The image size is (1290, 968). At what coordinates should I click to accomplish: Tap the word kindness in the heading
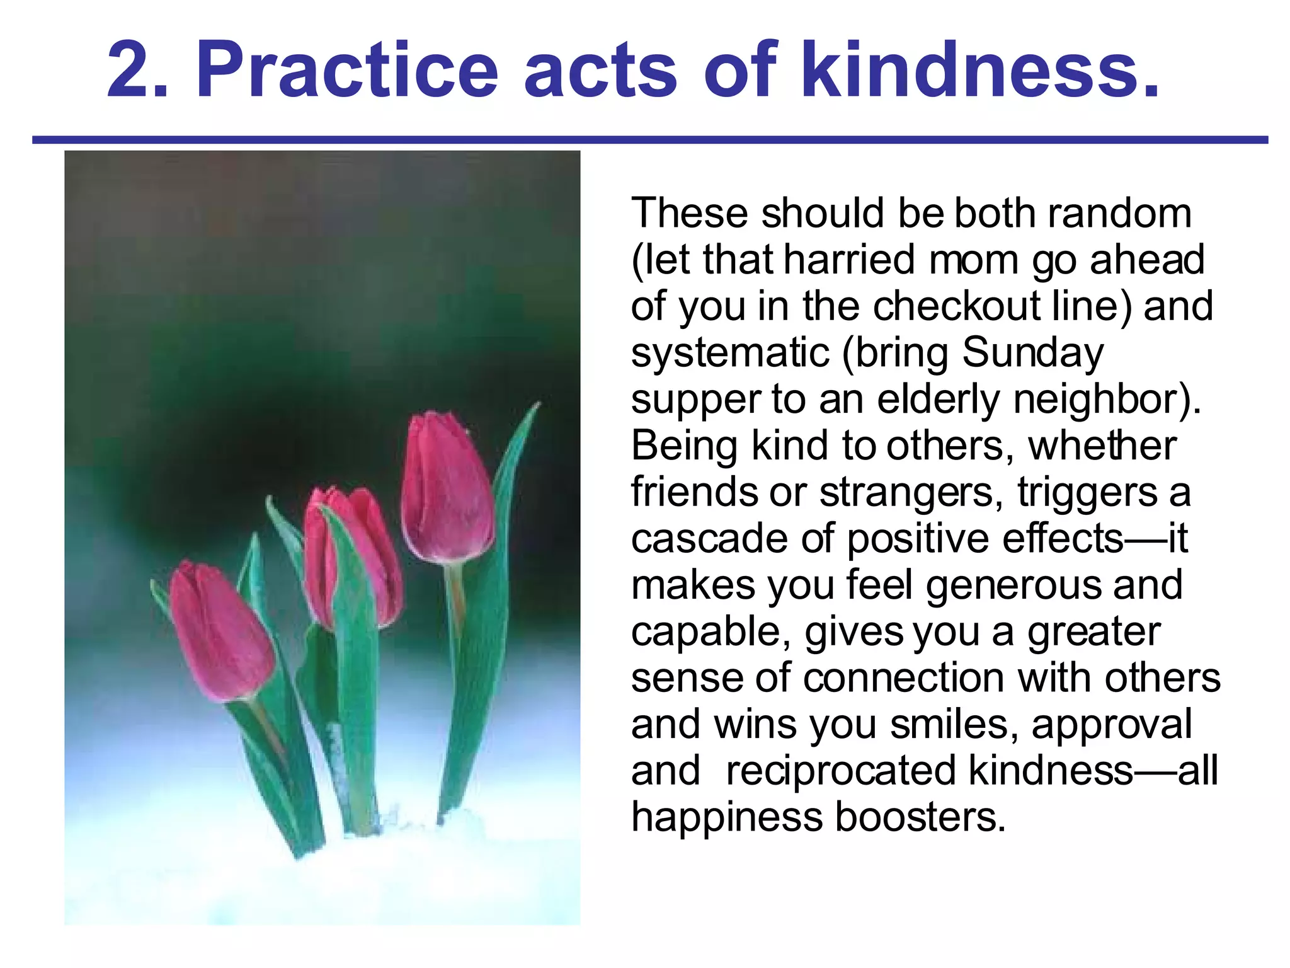[x=979, y=71]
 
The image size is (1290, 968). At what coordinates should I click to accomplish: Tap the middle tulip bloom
[x=353, y=555]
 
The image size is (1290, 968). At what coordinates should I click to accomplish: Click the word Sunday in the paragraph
[x=1033, y=353]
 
